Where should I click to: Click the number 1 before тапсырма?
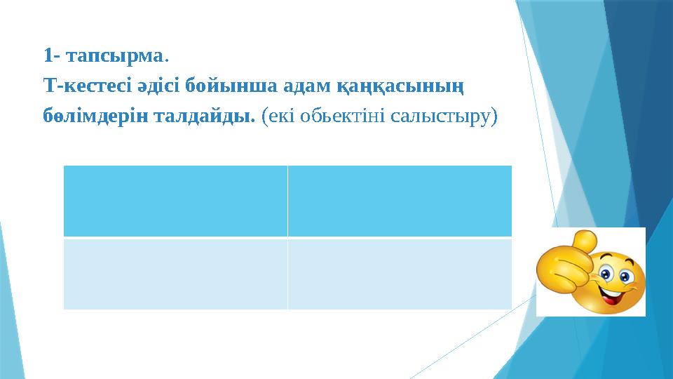pos(47,55)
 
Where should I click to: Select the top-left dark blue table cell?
pos(175,201)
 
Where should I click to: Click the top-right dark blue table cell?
pos(400,201)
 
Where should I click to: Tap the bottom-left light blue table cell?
pos(175,274)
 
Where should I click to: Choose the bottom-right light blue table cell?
pos(400,274)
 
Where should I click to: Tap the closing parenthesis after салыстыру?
pos(494,116)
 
